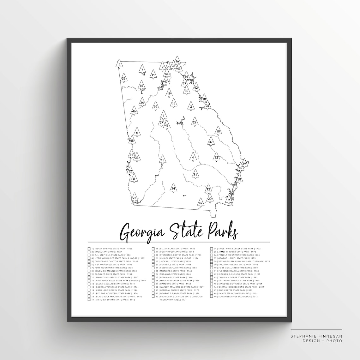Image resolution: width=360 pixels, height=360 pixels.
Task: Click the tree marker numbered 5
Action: tap(119, 64)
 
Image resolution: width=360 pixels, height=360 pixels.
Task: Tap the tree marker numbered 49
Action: tap(200, 203)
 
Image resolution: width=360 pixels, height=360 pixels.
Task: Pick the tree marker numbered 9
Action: tap(229, 200)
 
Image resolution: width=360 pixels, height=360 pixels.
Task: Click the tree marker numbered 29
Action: tap(195, 122)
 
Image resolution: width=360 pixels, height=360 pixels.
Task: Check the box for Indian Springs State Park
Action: tap(89, 249)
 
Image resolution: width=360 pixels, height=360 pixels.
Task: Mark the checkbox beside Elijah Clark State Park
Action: tap(153, 249)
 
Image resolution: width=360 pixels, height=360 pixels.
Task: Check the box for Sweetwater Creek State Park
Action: tap(211, 249)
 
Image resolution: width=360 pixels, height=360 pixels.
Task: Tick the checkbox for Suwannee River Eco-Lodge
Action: tap(211, 297)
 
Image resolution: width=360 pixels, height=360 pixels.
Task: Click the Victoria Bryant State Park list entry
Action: tap(111, 300)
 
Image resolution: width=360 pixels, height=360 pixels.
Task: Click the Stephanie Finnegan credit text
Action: tap(316, 336)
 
